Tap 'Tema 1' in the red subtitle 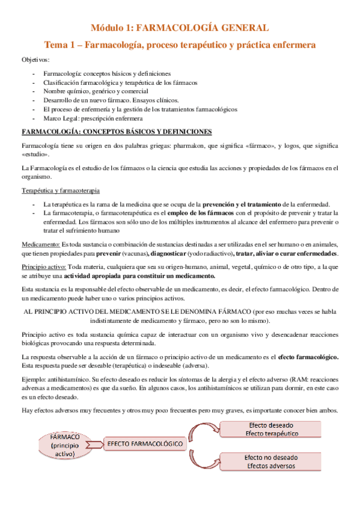click(60, 45)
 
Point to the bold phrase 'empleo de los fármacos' click(186, 213)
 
